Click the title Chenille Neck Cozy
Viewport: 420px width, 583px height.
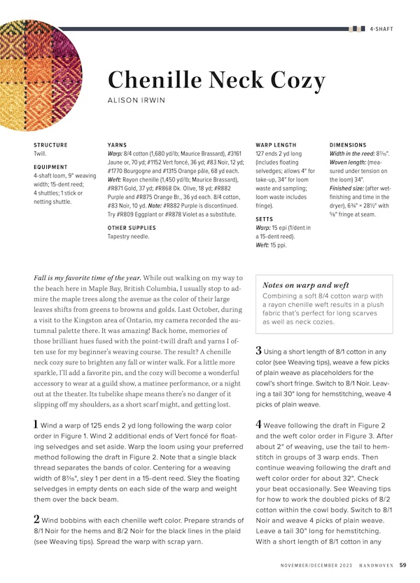216,80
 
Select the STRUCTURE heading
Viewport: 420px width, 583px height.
50,145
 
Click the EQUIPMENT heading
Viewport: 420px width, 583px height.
50,167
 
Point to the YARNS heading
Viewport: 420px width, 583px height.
117,145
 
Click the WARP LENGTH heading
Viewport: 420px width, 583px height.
276,145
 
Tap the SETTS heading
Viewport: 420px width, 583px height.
265,219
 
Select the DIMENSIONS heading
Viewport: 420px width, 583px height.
348,145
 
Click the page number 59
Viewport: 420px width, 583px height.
403,564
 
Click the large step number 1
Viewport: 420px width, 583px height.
36,424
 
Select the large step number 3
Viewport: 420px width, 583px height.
258,350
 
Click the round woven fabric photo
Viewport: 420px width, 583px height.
38,74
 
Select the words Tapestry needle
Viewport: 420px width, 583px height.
128,237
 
